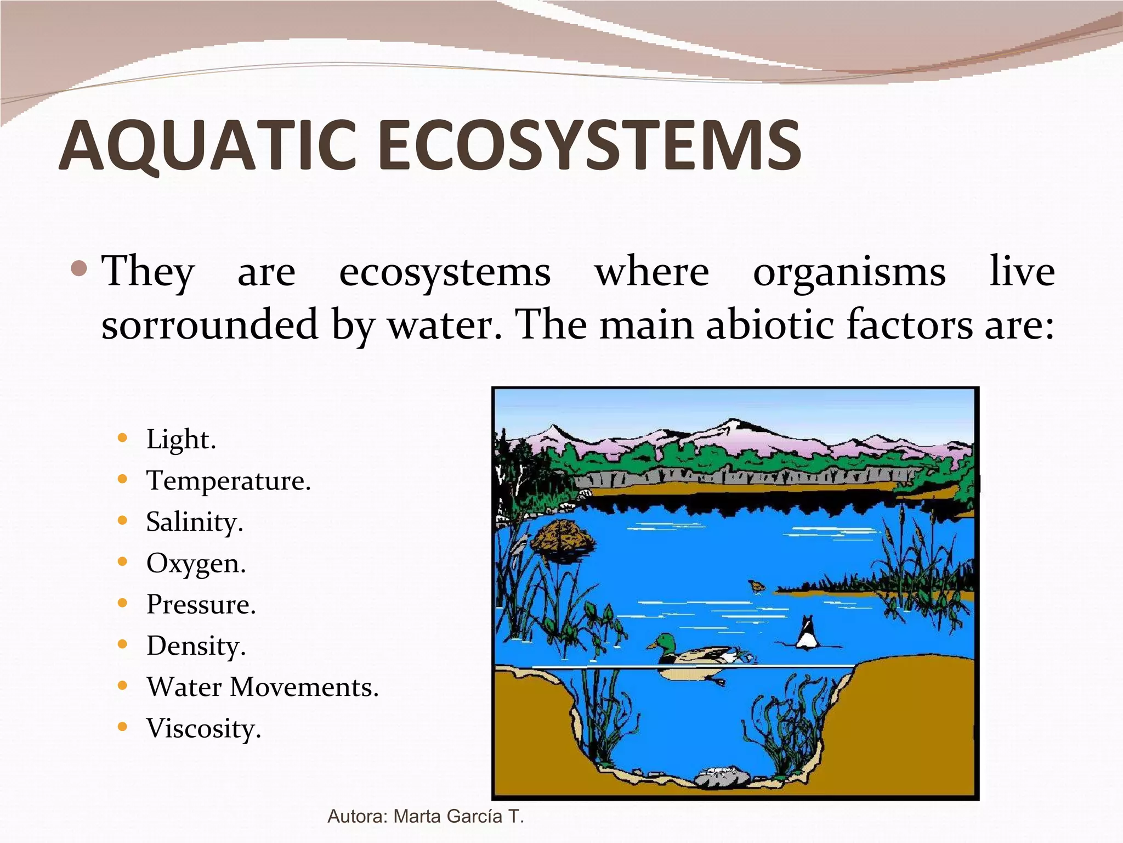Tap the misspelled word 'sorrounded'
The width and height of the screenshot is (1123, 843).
pyautogui.click(x=210, y=324)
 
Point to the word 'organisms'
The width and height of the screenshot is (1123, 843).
pyautogui.click(x=849, y=272)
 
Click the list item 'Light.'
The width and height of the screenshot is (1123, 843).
pyautogui.click(x=181, y=440)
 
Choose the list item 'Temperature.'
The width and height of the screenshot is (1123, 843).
pyautogui.click(x=228, y=481)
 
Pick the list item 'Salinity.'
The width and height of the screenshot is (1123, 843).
pyautogui.click(x=194, y=522)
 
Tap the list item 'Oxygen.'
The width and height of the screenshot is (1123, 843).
pyautogui.click(x=196, y=564)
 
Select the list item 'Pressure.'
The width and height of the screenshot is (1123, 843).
pyautogui.click(x=201, y=605)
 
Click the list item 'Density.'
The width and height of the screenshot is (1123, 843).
pyautogui.click(x=196, y=646)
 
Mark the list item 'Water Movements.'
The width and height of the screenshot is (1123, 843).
pyautogui.click(x=262, y=687)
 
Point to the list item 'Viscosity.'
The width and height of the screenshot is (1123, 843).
pyautogui.click(x=203, y=729)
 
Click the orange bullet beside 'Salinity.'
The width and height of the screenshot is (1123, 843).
pyautogui.click(x=122, y=520)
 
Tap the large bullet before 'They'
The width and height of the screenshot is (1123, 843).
pyautogui.click(x=80, y=269)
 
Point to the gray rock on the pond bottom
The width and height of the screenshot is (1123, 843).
pyautogui.click(x=722, y=777)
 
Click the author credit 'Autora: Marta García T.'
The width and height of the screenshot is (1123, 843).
pyautogui.click(x=426, y=817)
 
